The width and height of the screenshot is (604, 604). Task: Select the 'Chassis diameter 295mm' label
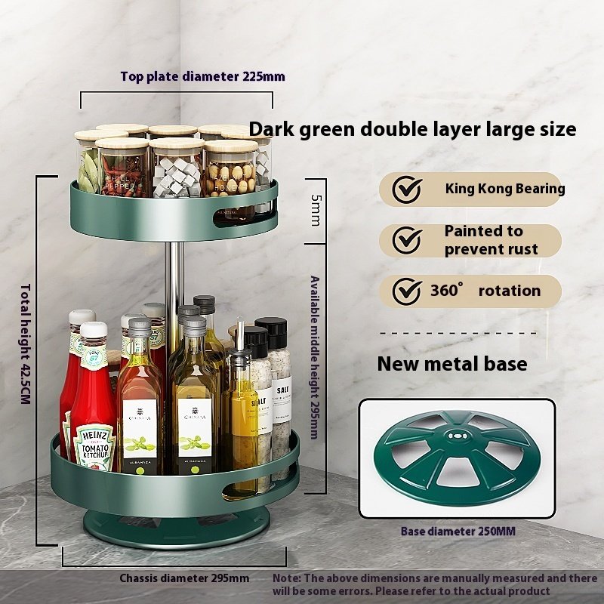[184, 578]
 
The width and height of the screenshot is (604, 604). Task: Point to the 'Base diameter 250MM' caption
[458, 532]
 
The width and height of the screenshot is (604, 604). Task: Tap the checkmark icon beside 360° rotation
[408, 291]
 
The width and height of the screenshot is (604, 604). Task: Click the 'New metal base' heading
[451, 364]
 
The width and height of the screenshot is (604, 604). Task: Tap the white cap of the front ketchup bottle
[94, 330]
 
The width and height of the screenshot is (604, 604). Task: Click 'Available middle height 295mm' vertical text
[314, 357]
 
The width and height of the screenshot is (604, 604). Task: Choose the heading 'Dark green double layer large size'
[412, 129]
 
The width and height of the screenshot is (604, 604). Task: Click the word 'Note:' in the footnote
[288, 578]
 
